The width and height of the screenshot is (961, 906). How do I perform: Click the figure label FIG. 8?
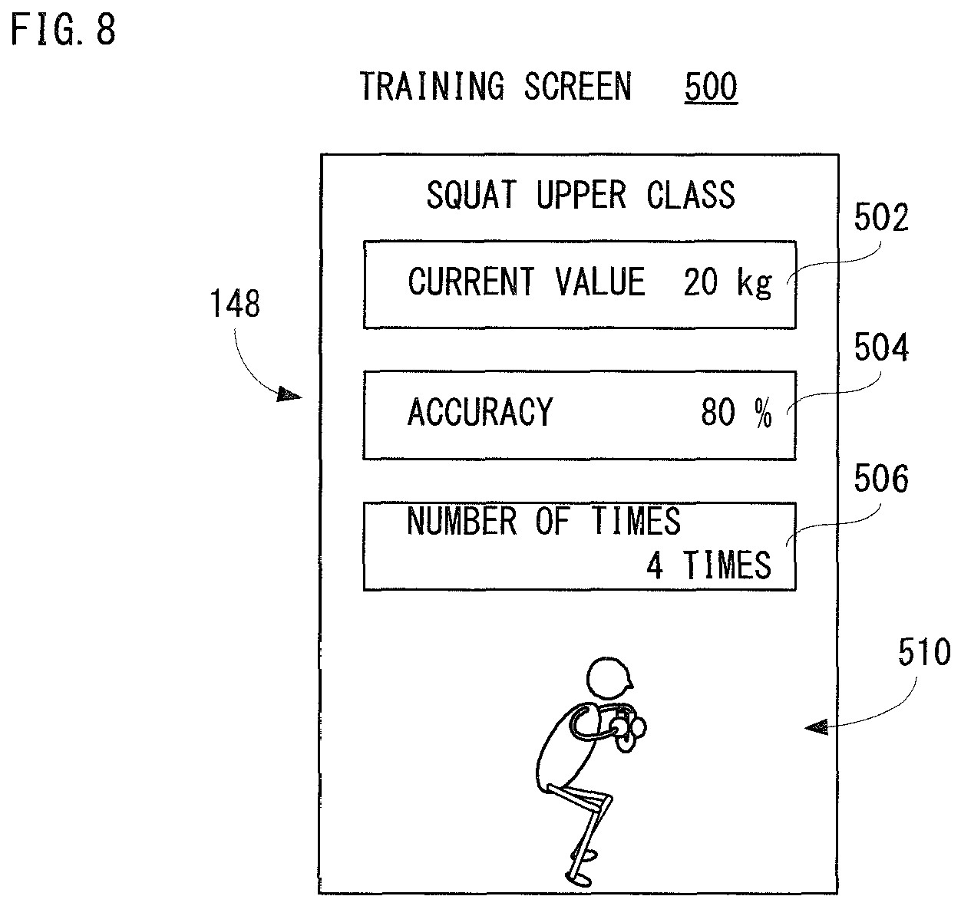coord(64,30)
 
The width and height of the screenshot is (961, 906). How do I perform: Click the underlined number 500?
coord(711,87)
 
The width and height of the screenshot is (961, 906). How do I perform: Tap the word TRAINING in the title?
coord(431,87)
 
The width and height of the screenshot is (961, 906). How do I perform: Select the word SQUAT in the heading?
coord(471,194)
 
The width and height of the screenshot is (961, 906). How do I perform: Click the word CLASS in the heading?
coord(691,194)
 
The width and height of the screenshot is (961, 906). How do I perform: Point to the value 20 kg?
coord(728,282)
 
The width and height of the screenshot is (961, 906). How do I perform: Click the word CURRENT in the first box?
coord(471,282)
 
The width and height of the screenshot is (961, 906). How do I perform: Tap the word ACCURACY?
coord(480,412)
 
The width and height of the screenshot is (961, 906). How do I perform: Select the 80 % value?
coord(736,413)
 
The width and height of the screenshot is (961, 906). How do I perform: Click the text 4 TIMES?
coord(709,565)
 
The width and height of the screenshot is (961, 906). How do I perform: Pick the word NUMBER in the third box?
coord(461,521)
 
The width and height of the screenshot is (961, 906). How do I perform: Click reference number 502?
coord(881,217)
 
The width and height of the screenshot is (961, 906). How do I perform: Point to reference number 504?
coord(881,348)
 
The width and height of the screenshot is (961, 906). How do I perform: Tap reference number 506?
coord(881,479)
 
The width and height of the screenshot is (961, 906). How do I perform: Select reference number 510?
coord(925,653)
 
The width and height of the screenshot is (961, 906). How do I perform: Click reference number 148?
coord(235,304)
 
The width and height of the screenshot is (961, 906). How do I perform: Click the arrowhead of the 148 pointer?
coord(289,394)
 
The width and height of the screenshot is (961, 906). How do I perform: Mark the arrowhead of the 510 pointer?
coord(817,727)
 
